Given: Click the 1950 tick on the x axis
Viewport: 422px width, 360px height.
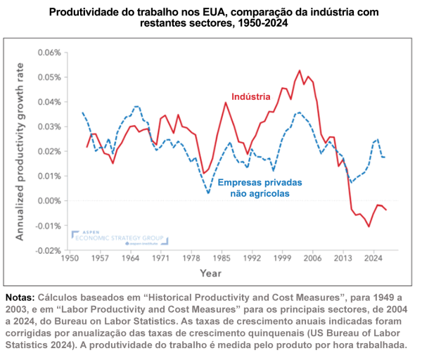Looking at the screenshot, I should tap(70, 259).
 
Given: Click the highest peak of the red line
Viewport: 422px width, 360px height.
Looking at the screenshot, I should tap(300, 70).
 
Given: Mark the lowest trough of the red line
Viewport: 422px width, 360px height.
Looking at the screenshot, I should tap(369, 226).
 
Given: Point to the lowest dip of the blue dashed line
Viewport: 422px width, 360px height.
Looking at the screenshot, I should tap(208, 193).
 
